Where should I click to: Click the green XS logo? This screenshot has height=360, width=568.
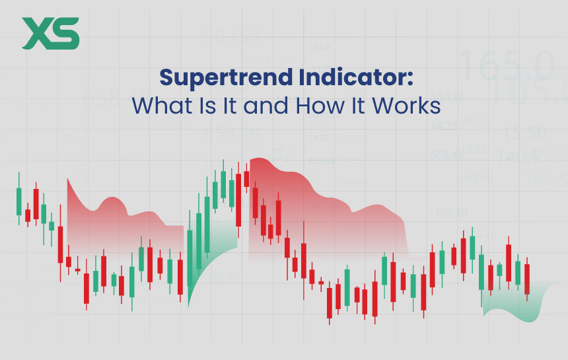pyautogui.click(x=50, y=33)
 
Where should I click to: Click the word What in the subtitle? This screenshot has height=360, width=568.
pyautogui.click(x=154, y=106)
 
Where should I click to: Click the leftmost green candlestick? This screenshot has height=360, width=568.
pyautogui.click(x=18, y=201)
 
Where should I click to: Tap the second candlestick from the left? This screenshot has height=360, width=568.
pyautogui.click(x=27, y=215)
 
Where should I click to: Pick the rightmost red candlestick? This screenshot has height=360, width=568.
pyautogui.click(x=527, y=279)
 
